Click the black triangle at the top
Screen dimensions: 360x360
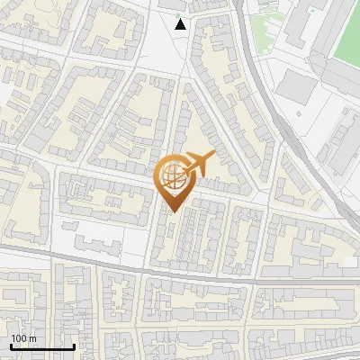click(181, 24)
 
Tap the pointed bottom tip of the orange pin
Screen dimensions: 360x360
click(174, 211)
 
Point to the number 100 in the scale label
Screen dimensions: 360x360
click(20, 338)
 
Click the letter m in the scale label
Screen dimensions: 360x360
click(33, 338)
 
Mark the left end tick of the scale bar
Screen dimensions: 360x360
click(10, 346)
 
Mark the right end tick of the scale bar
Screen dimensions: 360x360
click(74, 346)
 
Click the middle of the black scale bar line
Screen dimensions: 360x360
click(41, 347)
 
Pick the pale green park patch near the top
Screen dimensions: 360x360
click(261, 31)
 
